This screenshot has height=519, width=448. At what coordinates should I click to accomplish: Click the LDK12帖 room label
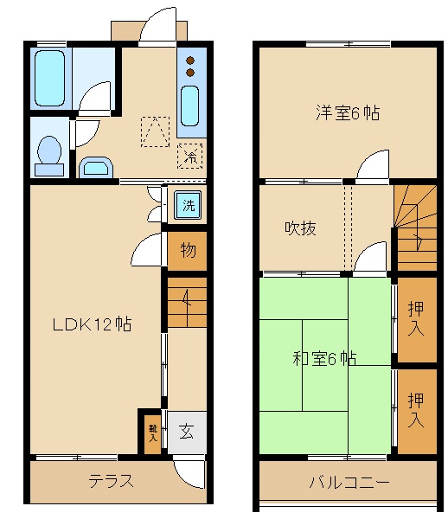pyautogui.click(x=92, y=325)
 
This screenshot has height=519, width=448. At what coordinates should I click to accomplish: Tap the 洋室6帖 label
pyautogui.click(x=348, y=112)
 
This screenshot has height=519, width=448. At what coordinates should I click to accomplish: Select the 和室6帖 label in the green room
pyautogui.click(x=325, y=357)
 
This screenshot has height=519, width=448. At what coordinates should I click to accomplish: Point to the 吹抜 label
pyautogui.click(x=301, y=228)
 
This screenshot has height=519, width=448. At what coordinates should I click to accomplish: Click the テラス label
pyautogui.click(x=112, y=481)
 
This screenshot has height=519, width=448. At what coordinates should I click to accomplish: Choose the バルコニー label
pyautogui.click(x=350, y=482)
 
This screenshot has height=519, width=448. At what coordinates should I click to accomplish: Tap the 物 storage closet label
pyautogui.click(x=188, y=251)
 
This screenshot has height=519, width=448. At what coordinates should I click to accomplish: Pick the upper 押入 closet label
pyautogui.click(x=416, y=317)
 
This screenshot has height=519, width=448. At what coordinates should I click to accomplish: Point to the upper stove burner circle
pyautogui.click(x=191, y=60)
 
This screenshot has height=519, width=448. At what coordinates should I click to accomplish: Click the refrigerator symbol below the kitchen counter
pyautogui.click(x=191, y=156)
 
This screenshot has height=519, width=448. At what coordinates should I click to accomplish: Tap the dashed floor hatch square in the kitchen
pyautogui.click(x=156, y=131)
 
